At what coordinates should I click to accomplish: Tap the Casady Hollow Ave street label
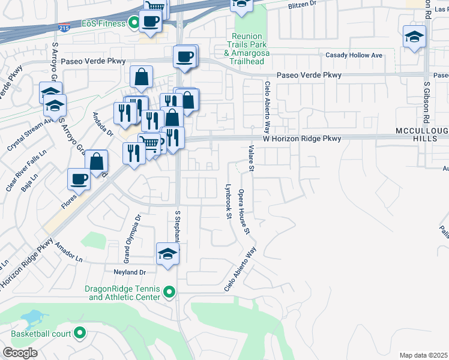(x=354, y=55)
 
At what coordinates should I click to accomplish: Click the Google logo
(x=20, y=352)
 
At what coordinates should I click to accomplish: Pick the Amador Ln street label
(x=68, y=253)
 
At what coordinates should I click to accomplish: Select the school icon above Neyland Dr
(x=167, y=253)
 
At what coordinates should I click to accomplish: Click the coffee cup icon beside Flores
(x=79, y=179)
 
